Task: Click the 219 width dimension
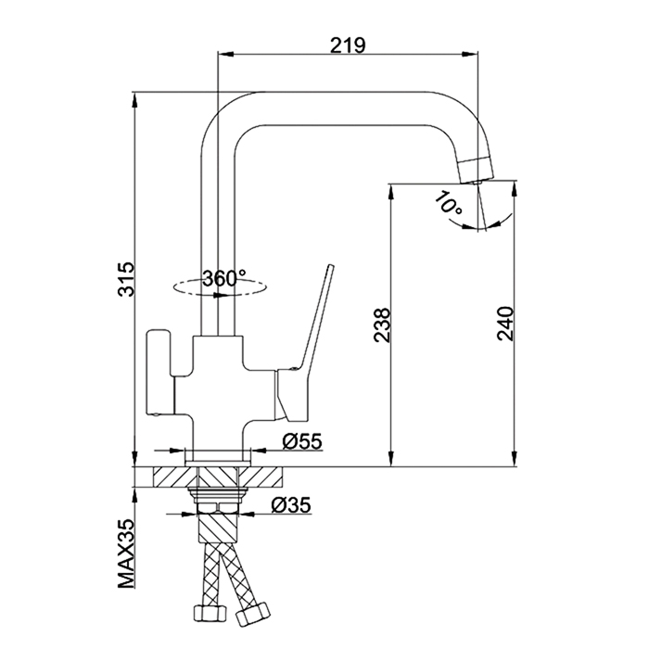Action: (348, 45)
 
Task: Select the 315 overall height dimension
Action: (126, 278)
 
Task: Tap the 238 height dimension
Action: (382, 324)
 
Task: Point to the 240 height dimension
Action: (505, 324)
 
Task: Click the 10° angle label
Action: (448, 203)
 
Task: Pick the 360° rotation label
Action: (224, 278)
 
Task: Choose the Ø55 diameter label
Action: (301, 441)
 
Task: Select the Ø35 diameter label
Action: (291, 505)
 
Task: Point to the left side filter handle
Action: (159, 372)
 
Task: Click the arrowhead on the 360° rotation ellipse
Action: (219, 296)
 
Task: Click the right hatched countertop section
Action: (261, 477)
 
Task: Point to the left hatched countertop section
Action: (174, 477)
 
